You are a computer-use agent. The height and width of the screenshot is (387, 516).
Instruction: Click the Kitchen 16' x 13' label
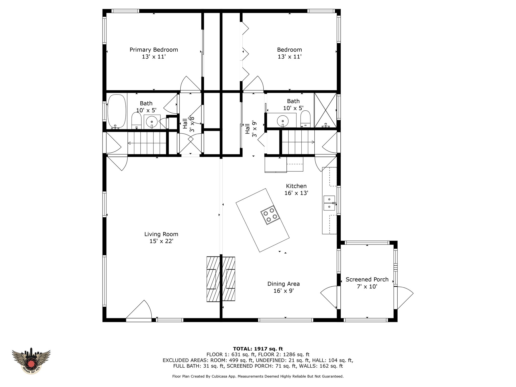(296, 189)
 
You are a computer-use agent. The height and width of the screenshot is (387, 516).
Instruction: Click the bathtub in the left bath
(117, 111)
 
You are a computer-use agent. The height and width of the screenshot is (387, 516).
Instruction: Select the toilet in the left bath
(137, 120)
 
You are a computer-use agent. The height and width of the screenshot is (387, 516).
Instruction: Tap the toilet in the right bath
(306, 118)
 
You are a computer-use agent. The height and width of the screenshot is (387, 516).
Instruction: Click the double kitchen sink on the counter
(329, 203)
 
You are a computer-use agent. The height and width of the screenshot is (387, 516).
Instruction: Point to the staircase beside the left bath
(147, 143)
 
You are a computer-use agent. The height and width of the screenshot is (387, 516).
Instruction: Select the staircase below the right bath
(298, 142)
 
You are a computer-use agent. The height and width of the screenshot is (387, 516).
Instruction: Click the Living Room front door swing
(139, 310)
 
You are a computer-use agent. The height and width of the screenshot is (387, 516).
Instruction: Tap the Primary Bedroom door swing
(190, 84)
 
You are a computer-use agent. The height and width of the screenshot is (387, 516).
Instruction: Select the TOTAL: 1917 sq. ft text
(258, 349)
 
